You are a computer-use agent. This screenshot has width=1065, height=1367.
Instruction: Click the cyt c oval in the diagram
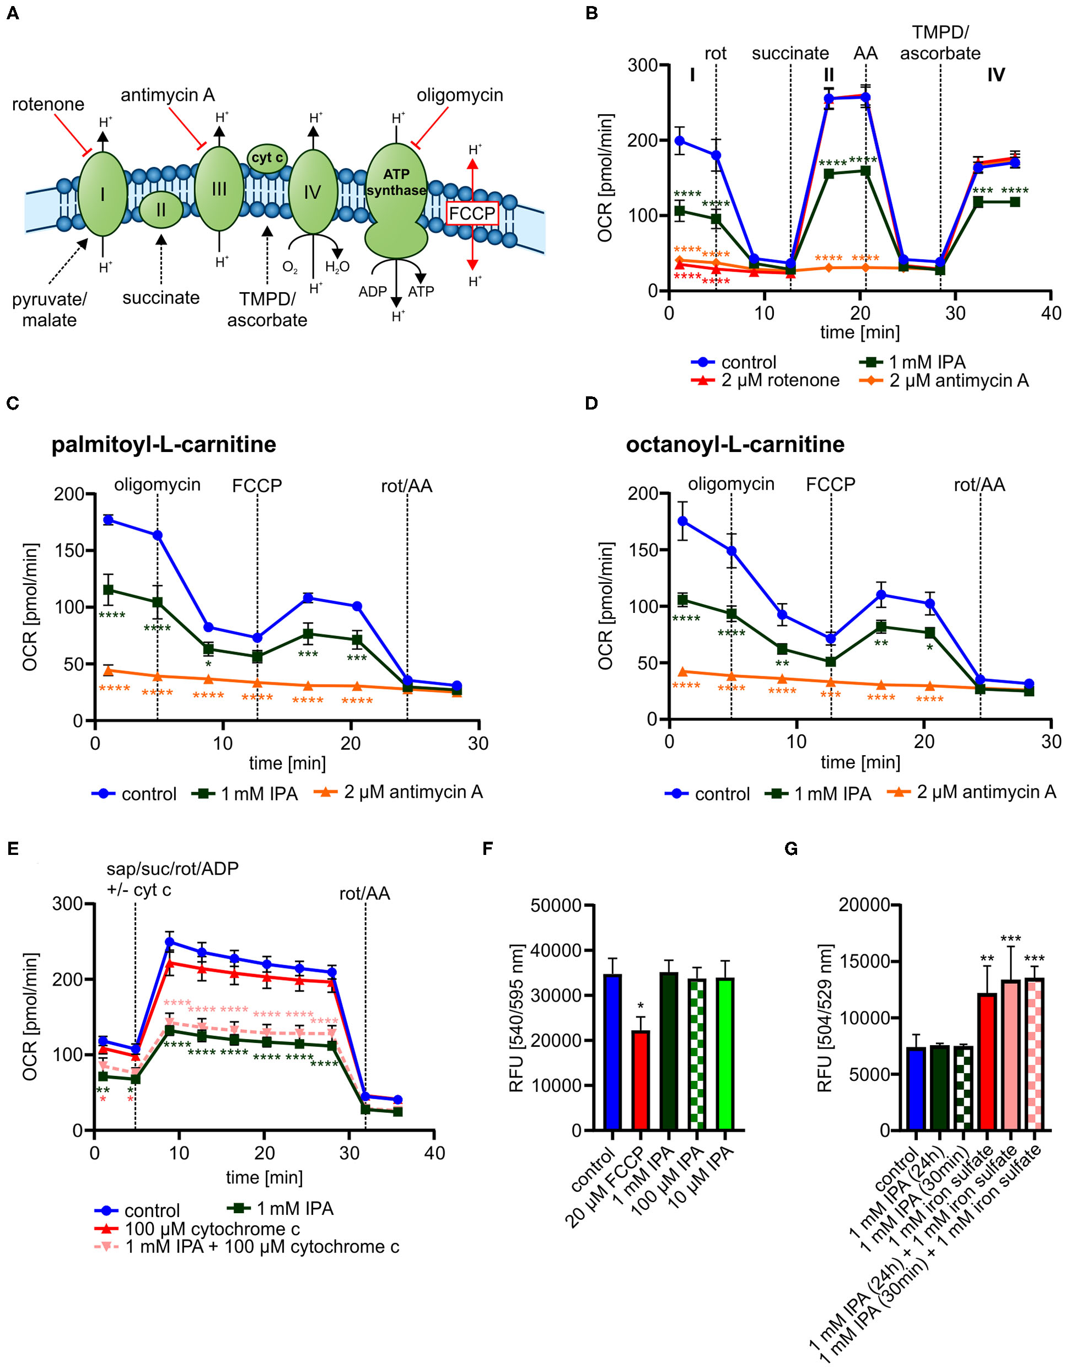click(x=267, y=158)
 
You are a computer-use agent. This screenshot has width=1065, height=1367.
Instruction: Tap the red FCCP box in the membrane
click(x=472, y=213)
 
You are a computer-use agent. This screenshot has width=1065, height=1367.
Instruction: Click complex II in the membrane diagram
click(x=161, y=209)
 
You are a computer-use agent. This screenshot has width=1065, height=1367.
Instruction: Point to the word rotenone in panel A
click(x=48, y=104)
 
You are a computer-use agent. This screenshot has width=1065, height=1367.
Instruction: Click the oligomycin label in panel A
click(x=460, y=95)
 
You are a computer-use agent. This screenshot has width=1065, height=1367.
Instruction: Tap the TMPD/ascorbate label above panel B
click(x=940, y=42)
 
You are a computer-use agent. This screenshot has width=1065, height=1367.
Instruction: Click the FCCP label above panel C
click(x=257, y=486)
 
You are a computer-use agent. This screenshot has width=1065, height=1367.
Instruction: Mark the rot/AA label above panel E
click(x=364, y=893)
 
